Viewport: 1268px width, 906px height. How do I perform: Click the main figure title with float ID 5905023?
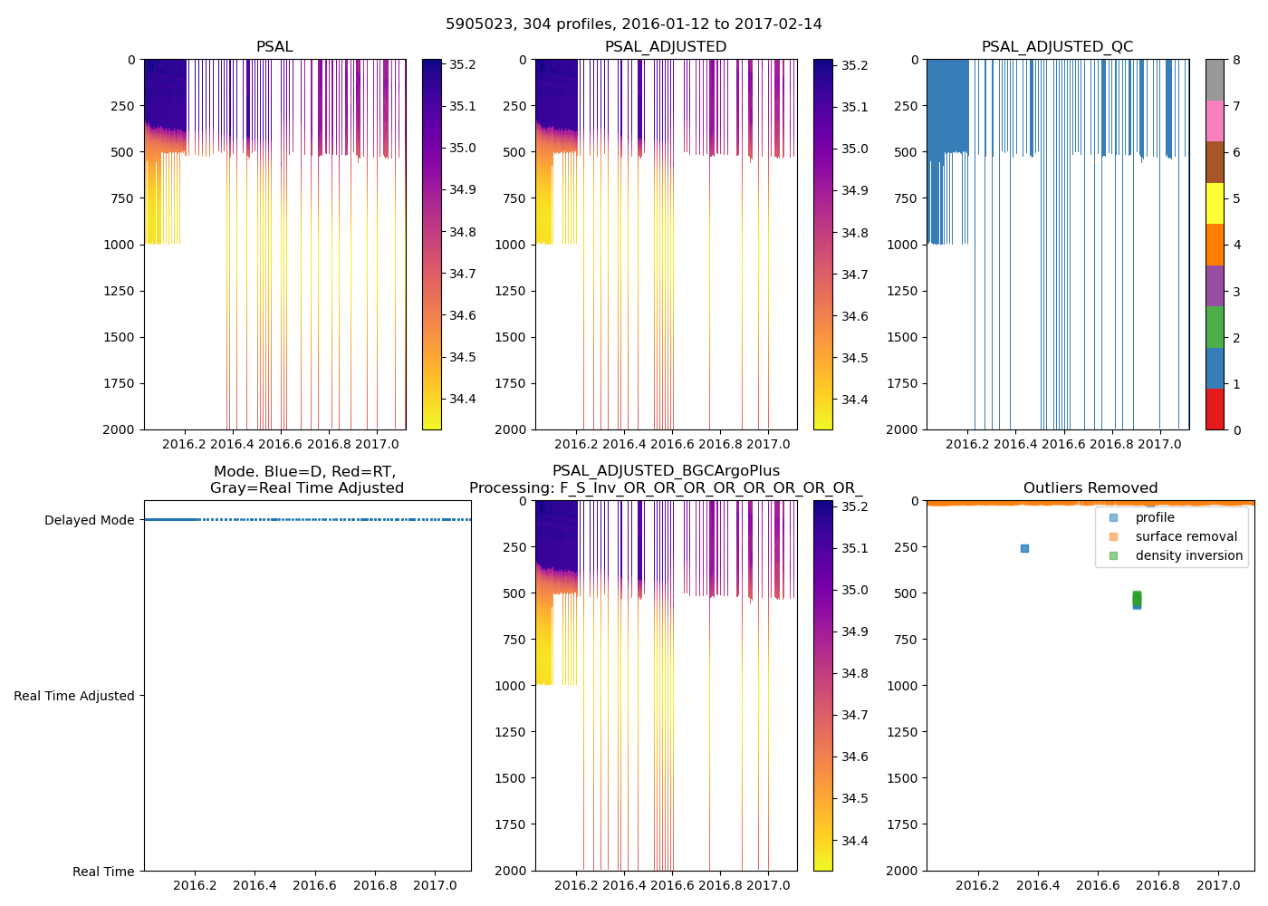click(633, 24)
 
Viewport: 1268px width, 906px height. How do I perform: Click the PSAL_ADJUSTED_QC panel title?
click(1057, 47)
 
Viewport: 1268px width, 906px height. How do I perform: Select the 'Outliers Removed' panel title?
click(1090, 488)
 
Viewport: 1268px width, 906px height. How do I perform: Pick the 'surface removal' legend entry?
click(1186, 536)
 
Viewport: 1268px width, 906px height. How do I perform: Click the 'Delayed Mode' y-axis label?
click(89, 520)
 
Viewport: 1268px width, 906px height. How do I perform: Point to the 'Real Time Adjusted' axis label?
click(74, 696)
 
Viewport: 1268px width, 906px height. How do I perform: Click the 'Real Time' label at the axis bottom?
click(103, 872)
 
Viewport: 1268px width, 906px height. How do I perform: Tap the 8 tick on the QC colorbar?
click(1236, 60)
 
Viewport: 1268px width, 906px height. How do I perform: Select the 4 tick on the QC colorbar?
click(1236, 245)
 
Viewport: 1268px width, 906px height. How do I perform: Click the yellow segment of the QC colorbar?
click(1215, 203)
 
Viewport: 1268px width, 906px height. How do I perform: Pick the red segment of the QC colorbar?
click(1215, 409)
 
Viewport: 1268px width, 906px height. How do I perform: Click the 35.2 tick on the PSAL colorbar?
click(463, 64)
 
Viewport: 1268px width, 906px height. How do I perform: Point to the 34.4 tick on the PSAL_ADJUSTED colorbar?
click(855, 400)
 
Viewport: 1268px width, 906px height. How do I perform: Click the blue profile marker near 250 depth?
click(1024, 548)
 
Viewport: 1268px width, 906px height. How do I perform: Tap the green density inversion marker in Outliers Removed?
click(1137, 598)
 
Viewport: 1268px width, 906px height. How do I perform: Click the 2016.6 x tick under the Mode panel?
click(314, 885)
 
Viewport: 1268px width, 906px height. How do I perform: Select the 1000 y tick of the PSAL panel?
click(119, 245)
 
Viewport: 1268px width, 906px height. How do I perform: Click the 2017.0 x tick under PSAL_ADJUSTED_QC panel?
click(1159, 444)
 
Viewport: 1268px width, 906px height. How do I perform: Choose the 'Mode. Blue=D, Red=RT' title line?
click(304, 472)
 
